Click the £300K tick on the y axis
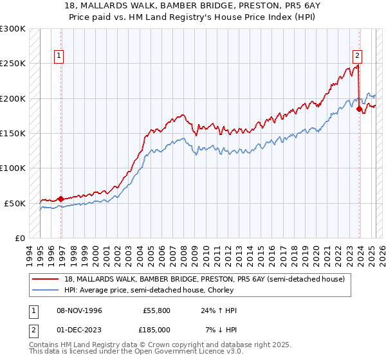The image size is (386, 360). click(x=13, y=29)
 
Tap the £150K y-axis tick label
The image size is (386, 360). click(x=13, y=133)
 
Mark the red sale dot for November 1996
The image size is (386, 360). click(x=61, y=199)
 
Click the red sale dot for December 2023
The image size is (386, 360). click(x=359, y=109)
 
